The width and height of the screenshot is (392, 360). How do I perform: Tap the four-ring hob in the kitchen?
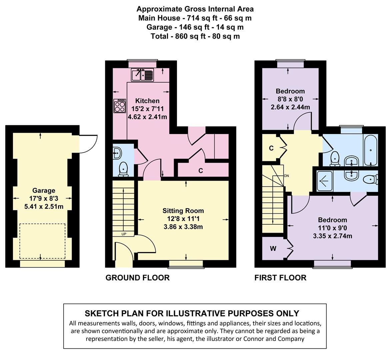pyautogui.click(x=120, y=106)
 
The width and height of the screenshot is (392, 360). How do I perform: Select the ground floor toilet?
pyautogui.click(x=123, y=169)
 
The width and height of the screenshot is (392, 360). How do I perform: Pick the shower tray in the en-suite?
pyautogui.click(x=325, y=181)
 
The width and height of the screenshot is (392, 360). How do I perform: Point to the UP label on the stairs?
pyautogui.click(x=124, y=234)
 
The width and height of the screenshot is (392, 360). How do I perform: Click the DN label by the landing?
pyautogui.click(x=287, y=176)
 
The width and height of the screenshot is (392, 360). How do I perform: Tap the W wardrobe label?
pyautogui.click(x=273, y=249)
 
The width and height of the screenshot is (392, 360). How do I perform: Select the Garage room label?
pyautogui.click(x=44, y=191)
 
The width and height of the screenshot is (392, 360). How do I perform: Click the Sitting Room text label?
pyautogui.click(x=183, y=211)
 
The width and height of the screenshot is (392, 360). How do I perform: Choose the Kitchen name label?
pyautogui.click(x=147, y=101)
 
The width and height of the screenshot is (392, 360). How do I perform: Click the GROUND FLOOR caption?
pyautogui.click(x=137, y=277)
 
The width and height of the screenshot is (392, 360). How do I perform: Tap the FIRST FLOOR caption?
pyautogui.click(x=280, y=277)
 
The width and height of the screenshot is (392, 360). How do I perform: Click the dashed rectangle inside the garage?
pyautogui.click(x=43, y=241)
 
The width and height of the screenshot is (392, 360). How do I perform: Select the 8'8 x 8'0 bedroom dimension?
pyautogui.click(x=290, y=99)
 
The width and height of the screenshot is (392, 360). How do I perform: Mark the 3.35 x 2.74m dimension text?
pyautogui.click(x=333, y=236)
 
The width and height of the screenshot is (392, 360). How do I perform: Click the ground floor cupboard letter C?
pyautogui.click(x=201, y=171)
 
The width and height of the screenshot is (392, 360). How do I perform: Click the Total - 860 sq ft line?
pyautogui.click(x=195, y=36)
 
